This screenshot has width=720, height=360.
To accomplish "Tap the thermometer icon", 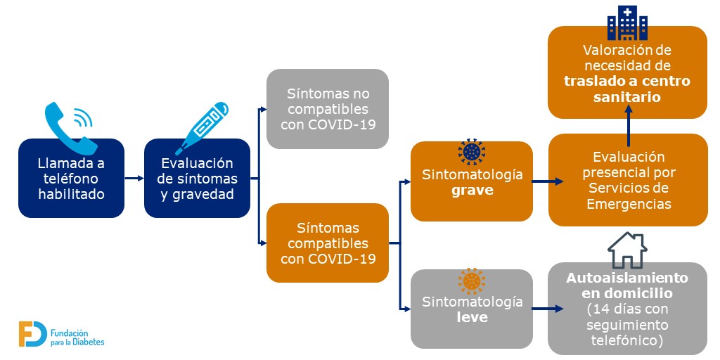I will (x=202, y=127).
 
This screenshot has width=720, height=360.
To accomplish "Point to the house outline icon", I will (x=627, y=250).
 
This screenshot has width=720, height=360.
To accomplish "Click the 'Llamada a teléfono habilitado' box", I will (x=71, y=178).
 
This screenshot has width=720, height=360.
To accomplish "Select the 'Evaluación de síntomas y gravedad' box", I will (x=197, y=178).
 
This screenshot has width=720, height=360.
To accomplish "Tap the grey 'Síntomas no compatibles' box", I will (x=327, y=109).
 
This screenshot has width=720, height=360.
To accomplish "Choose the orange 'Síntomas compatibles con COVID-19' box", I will (x=327, y=243).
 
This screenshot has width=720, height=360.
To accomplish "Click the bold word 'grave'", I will (x=472, y=190).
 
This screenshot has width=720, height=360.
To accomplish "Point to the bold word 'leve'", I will (x=472, y=317).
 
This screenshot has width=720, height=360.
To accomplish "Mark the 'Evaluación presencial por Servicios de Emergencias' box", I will (x=627, y=180).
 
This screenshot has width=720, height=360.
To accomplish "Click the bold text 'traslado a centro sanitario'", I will (x=627, y=89).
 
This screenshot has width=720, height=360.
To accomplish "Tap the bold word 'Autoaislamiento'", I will (x=627, y=278).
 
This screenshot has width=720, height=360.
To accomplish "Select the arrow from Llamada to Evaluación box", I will (x=134, y=179).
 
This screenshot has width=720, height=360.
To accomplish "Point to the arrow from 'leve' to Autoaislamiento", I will (x=548, y=309).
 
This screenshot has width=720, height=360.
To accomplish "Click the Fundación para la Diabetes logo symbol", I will (x=32, y=334).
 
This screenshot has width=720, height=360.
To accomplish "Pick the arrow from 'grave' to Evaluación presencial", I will (x=548, y=181).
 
